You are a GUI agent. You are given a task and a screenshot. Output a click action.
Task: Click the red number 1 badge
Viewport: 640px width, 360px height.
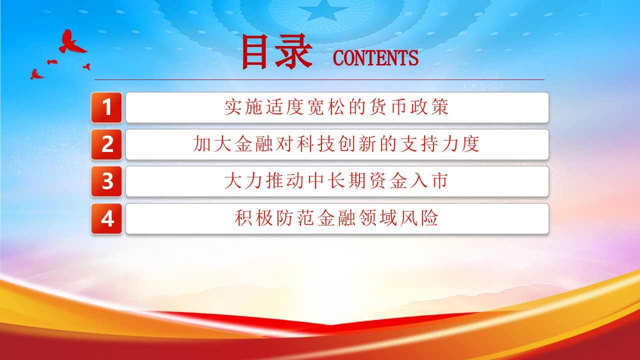coord(106,107)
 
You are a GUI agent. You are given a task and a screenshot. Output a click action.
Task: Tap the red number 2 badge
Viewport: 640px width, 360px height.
coord(106,144)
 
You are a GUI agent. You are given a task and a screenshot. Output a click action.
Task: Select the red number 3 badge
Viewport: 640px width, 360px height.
coord(106,181)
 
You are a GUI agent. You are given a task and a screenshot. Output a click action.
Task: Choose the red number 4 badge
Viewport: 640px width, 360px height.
coord(106,218)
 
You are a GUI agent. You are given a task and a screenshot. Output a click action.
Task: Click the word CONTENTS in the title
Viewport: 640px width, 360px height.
coord(375,58)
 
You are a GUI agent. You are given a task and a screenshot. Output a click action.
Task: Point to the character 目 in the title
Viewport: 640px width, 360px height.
coord(254,52)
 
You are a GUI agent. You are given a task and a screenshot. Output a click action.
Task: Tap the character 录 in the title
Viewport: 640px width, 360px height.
coord(293,52)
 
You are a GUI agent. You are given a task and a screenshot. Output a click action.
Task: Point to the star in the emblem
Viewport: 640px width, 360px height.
coord(322,10)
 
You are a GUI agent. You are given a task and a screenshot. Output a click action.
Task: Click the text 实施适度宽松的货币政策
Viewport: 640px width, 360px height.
coord(336,107)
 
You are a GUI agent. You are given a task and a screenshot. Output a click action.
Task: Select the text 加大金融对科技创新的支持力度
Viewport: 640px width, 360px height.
coord(336,144)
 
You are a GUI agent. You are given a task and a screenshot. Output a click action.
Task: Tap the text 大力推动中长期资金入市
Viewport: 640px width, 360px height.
coord(336,181)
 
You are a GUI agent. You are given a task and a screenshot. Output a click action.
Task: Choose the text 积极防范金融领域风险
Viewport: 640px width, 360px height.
coord(336,218)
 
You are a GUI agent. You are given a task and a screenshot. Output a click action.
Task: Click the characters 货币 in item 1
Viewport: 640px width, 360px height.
coord(388,107)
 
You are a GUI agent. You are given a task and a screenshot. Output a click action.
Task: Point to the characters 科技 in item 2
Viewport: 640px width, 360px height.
coord(315,144)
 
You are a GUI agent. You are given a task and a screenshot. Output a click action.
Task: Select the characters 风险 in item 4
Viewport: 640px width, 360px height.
coord(419,218)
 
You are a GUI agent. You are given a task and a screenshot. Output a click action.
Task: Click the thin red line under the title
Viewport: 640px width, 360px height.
coord(319,79)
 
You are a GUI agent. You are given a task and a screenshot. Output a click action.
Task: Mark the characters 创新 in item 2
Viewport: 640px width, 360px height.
coord(357,144)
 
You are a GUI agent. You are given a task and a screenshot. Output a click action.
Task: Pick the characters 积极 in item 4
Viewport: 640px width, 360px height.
coord(253,218)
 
